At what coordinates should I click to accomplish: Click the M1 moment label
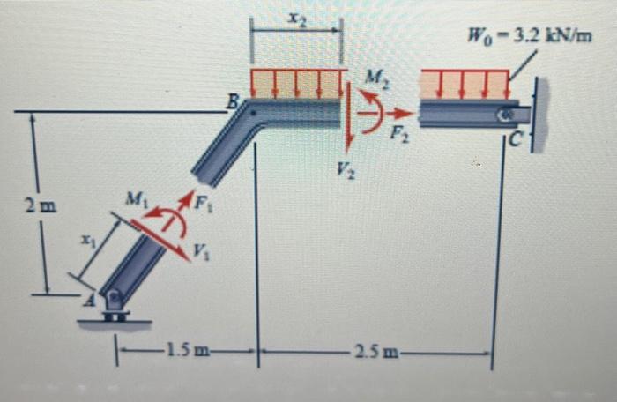click(135, 200)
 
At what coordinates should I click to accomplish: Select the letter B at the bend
click(234, 102)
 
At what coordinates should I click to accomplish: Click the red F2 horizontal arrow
click(398, 113)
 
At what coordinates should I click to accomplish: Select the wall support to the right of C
click(540, 115)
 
